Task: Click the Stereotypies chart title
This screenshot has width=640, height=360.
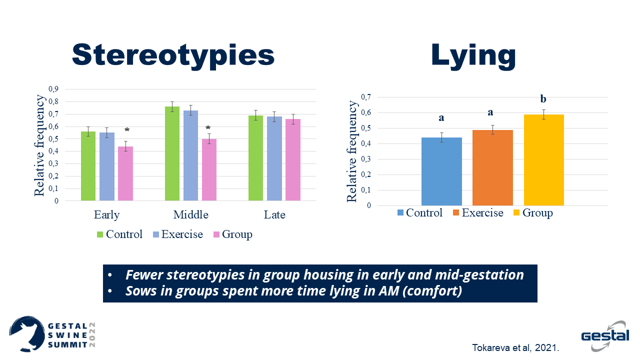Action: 173,54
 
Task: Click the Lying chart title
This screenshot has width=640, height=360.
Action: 473,54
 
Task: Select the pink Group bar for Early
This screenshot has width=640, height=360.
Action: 125,173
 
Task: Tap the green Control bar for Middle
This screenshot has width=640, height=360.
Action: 172,153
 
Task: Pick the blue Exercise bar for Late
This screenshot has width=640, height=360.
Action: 274,158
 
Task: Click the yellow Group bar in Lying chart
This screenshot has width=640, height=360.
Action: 543,160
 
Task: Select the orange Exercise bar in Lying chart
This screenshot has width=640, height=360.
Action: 492,167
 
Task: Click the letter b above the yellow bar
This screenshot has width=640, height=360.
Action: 543,99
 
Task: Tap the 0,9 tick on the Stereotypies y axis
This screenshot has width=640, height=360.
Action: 53,89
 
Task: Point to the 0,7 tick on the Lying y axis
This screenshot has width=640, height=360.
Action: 366,97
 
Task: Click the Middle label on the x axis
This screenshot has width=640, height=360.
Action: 190,215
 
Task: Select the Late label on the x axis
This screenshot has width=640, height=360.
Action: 274,215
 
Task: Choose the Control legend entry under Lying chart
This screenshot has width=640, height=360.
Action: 419,213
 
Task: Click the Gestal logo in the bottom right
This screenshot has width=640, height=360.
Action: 605,333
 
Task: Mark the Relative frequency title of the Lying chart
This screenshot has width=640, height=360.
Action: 352,151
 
